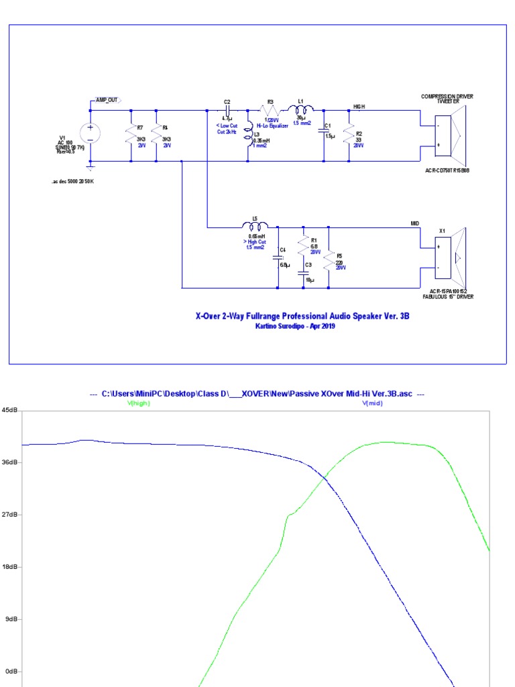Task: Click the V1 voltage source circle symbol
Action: tap(91, 133)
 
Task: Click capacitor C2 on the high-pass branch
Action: tap(228, 109)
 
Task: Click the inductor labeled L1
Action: tap(301, 109)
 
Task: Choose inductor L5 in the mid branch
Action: tap(255, 225)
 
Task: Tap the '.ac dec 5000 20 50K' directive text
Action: tap(73, 181)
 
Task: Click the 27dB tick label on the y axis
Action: tap(9, 515)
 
